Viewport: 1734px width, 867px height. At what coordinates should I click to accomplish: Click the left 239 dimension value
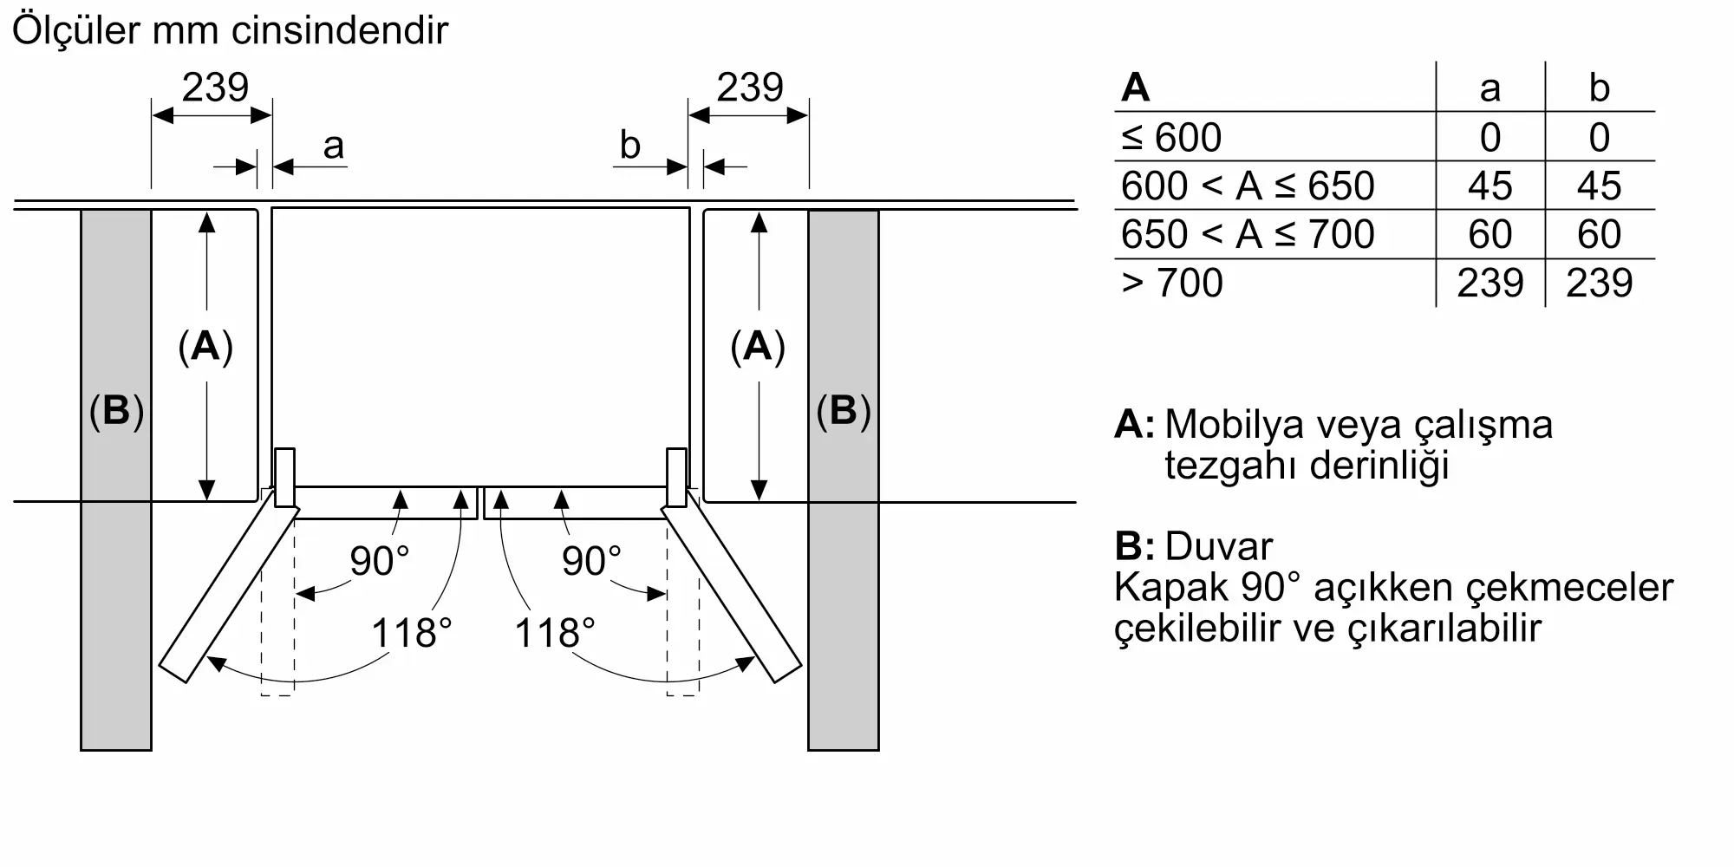click(x=215, y=88)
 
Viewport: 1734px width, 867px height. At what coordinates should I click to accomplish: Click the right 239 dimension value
click(x=750, y=88)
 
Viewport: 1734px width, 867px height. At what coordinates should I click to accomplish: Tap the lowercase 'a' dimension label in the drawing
click(x=333, y=147)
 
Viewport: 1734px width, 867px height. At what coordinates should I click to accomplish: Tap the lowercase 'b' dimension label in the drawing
click(x=629, y=147)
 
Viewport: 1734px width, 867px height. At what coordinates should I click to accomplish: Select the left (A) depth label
click(x=205, y=347)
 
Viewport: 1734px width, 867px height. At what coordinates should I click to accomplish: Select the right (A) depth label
click(x=758, y=347)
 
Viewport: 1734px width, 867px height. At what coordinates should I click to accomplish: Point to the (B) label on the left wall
click(x=116, y=411)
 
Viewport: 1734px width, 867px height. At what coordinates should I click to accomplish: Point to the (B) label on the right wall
click(x=844, y=411)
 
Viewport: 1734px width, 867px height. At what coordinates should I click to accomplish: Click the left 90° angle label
click(x=379, y=561)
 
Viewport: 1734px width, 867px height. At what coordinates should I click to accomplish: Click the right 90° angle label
click(x=591, y=561)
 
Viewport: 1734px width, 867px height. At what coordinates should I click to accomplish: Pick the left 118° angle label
click(x=411, y=633)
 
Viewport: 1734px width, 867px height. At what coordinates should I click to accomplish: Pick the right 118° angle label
click(x=555, y=633)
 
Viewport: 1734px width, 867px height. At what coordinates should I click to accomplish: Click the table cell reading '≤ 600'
click(x=1171, y=138)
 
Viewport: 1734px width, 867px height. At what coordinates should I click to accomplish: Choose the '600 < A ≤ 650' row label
click(x=1248, y=186)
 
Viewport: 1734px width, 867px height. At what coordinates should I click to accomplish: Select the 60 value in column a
click(x=1490, y=235)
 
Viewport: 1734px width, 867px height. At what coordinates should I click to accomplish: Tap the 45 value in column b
click(x=1599, y=186)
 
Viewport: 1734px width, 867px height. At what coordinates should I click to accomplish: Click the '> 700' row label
click(x=1171, y=284)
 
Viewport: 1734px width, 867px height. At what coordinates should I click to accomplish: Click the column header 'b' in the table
click(x=1599, y=88)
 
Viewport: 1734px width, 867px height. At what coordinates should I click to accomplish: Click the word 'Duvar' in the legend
click(x=1218, y=547)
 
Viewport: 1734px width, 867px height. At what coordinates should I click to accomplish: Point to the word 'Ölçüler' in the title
click(x=76, y=30)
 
